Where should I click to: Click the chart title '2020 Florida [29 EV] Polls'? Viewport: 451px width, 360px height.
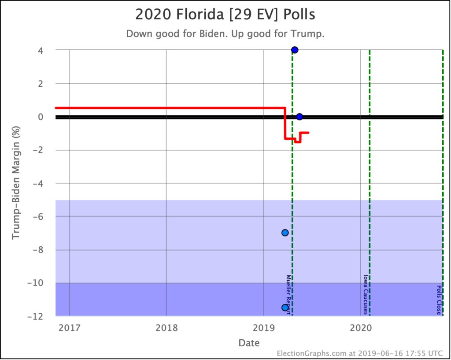click(225, 15)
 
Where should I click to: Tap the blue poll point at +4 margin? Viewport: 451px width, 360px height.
click(295, 50)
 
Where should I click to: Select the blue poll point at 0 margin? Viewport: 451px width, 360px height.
click(299, 117)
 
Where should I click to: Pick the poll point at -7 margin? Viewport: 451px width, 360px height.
click(285, 233)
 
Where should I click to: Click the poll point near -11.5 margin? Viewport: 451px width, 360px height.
click(285, 308)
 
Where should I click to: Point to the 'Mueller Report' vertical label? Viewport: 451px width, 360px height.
click(288, 295)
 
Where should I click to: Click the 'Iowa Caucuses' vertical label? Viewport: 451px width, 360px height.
click(366, 295)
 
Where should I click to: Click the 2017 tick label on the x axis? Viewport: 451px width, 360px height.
click(69, 328)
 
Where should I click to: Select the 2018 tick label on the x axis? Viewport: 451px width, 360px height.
click(166, 328)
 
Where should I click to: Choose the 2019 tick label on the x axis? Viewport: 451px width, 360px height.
click(263, 328)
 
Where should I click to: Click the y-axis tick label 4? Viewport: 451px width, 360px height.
click(40, 50)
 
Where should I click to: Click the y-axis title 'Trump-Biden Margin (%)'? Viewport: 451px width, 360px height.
click(16, 183)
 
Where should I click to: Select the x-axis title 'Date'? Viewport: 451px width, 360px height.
click(249, 343)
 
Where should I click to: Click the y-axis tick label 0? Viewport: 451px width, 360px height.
click(40, 117)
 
